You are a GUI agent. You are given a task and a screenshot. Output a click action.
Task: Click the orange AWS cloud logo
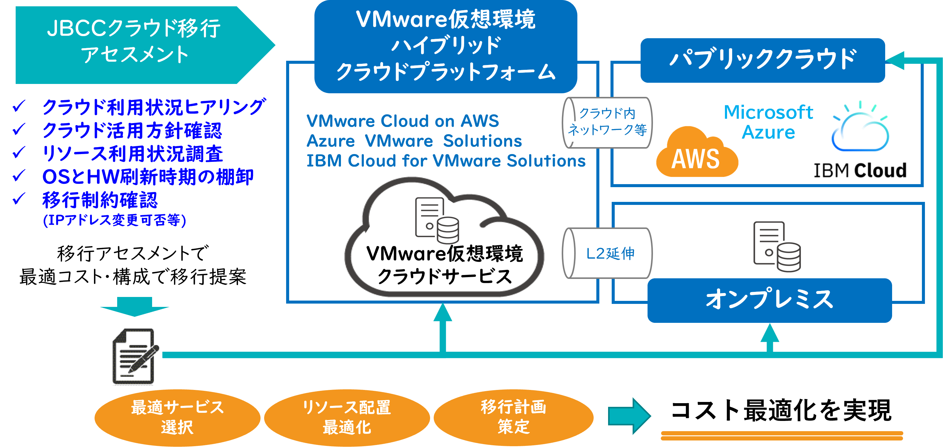(697, 154)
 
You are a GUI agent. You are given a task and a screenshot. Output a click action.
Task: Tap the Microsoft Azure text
(768, 122)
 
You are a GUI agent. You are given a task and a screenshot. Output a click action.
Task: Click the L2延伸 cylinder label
(610, 253)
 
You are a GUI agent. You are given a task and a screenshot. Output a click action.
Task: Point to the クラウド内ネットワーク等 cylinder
(607, 122)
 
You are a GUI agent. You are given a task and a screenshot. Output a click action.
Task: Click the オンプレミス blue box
(769, 300)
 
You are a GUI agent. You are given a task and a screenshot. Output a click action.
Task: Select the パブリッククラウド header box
(763, 60)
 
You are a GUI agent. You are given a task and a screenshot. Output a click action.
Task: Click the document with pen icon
(134, 355)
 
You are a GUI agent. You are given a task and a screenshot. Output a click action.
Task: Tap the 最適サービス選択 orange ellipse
(177, 417)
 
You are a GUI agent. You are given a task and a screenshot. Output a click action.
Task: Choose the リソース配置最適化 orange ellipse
(347, 417)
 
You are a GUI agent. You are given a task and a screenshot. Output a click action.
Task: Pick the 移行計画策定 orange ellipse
(513, 417)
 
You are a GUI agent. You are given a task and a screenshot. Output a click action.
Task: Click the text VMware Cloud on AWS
(403, 121)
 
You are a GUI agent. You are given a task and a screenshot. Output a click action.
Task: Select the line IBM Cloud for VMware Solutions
(445, 161)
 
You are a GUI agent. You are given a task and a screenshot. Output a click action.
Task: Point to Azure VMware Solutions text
(414, 141)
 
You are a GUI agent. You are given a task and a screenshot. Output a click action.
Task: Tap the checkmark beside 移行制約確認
(19, 199)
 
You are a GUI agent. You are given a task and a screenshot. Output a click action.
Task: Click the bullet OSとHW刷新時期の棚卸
(148, 177)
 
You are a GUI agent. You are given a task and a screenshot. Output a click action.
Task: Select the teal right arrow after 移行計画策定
(629, 416)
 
